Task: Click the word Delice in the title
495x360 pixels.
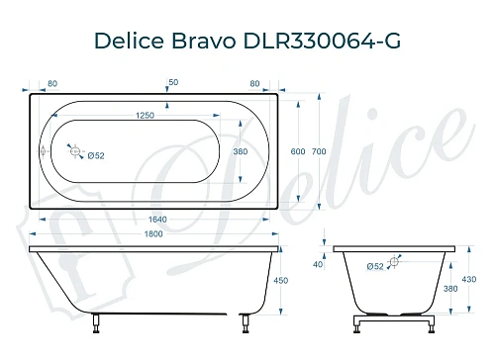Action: click(126, 41)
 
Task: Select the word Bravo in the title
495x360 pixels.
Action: click(202, 41)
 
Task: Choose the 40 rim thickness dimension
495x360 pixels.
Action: click(318, 265)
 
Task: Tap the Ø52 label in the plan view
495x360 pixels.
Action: click(97, 156)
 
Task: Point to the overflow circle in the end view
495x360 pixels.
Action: click(394, 261)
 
